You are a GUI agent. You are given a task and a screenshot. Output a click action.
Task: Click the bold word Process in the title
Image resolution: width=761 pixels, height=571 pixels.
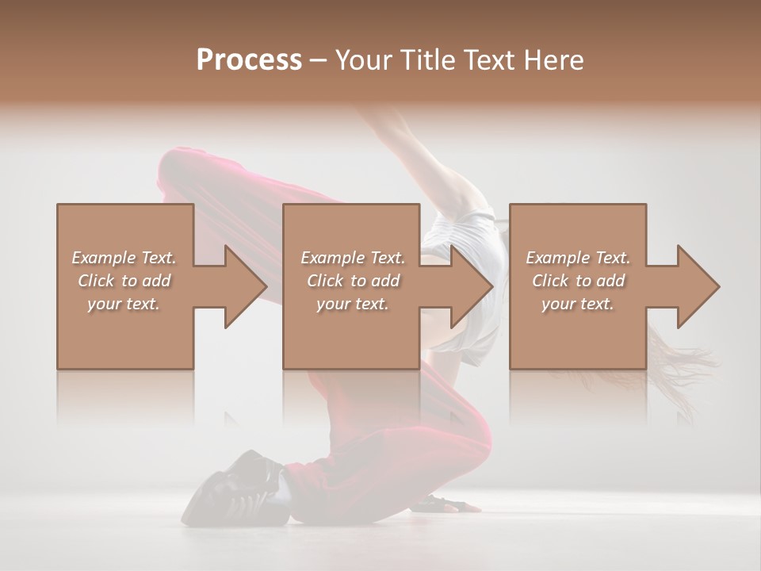point(249,59)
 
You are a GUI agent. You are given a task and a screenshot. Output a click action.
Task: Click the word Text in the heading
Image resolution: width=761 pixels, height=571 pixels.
point(492,59)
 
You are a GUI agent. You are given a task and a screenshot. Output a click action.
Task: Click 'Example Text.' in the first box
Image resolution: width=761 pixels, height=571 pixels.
point(124,258)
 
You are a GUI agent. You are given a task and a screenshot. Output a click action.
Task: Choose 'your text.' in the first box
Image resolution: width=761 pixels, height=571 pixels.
point(124,304)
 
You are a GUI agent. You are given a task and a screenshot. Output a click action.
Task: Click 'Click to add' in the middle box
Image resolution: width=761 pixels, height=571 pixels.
point(353,281)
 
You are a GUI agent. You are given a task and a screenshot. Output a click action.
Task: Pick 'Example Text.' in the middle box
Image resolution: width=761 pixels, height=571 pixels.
point(353,258)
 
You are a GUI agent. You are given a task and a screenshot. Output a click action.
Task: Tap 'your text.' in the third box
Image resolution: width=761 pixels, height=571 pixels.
point(578,304)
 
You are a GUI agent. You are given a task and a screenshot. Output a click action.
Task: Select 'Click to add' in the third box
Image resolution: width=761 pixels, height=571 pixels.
point(578,281)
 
